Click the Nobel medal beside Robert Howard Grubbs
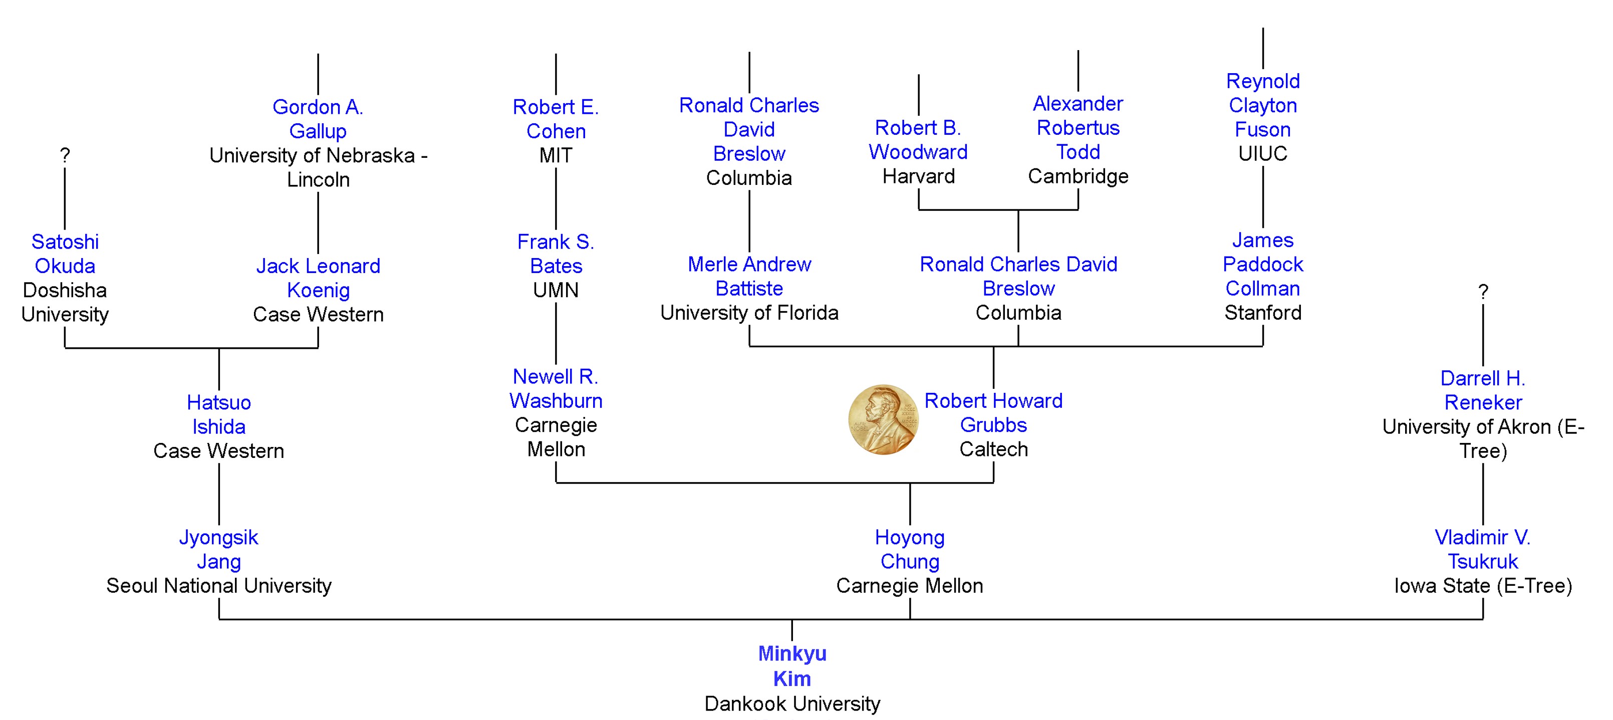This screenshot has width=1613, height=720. pyautogui.click(x=883, y=419)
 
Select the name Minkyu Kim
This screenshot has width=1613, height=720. pyautogui.click(x=792, y=665)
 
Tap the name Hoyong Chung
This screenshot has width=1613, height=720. pyautogui.click(x=909, y=549)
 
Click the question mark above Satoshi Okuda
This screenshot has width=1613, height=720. pyautogui.click(x=65, y=155)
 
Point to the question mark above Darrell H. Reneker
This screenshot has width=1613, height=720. pyautogui.click(x=1483, y=291)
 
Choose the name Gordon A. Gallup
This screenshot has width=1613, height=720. pyautogui.click(x=318, y=119)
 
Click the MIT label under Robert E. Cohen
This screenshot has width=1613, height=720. pyautogui.click(x=556, y=155)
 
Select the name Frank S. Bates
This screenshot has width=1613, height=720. pyautogui.click(x=556, y=254)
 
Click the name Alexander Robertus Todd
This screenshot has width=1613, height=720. pyautogui.click(x=1078, y=128)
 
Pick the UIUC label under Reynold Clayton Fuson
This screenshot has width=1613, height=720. pyautogui.click(x=1262, y=153)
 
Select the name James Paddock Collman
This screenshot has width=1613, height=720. pyautogui.click(x=1262, y=264)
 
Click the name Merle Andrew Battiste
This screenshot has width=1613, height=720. pyautogui.click(x=749, y=276)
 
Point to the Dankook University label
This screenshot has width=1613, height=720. pyautogui.click(x=792, y=704)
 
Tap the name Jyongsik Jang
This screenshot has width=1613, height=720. pyautogui.click(x=218, y=549)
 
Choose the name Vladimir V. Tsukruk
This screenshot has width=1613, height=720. pyautogui.click(x=1482, y=549)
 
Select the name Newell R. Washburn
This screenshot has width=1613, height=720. pyautogui.click(x=556, y=388)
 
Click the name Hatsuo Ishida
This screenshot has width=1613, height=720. pyautogui.click(x=218, y=414)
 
